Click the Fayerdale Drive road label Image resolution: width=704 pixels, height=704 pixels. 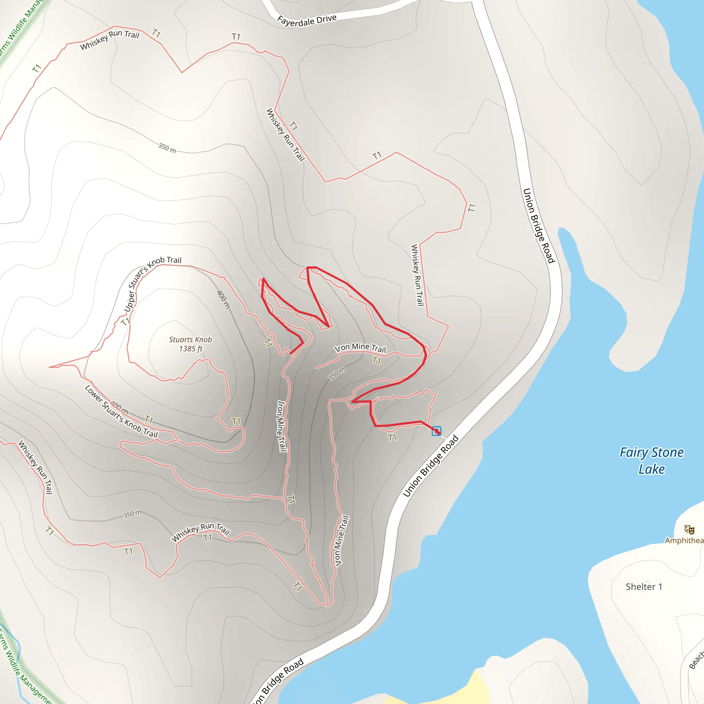307,20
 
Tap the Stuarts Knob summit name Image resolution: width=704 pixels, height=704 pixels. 190,340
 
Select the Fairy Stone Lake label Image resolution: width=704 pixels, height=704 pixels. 651,461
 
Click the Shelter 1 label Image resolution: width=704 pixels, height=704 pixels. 644,587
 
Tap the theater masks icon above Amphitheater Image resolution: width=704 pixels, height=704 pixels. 689,529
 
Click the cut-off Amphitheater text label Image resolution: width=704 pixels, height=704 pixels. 684,540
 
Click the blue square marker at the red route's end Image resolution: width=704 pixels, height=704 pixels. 436,431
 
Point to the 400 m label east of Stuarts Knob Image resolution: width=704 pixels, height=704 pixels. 224,299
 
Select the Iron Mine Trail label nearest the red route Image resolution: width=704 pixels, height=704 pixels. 360,348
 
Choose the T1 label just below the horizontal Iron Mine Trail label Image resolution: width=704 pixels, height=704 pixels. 377,361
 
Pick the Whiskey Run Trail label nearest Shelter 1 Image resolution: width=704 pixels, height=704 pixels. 418,275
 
